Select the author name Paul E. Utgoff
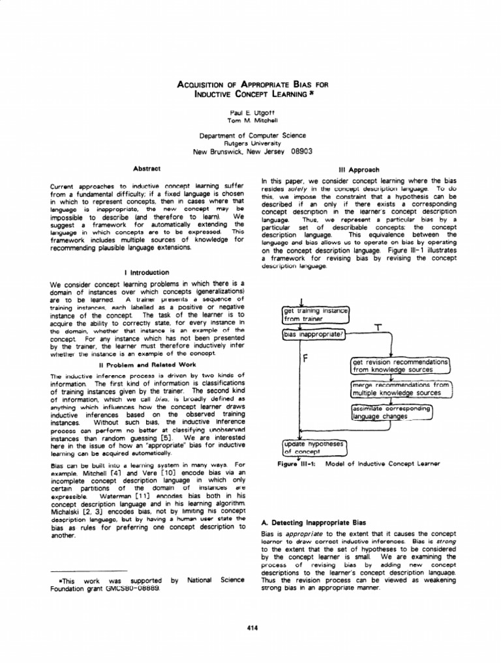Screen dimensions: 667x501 pos(251,112)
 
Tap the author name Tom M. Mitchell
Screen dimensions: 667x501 pos(251,121)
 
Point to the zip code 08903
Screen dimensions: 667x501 pos(297,151)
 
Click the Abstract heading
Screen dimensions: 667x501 pos(147,169)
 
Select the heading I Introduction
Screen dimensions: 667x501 pos(147,272)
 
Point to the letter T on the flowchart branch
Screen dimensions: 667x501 pos(377,326)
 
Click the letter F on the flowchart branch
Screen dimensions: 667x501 pos(305,360)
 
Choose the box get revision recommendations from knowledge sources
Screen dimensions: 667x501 pos(401,365)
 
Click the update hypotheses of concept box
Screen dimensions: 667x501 pos(315,446)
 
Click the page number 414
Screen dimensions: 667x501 pos(250,627)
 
